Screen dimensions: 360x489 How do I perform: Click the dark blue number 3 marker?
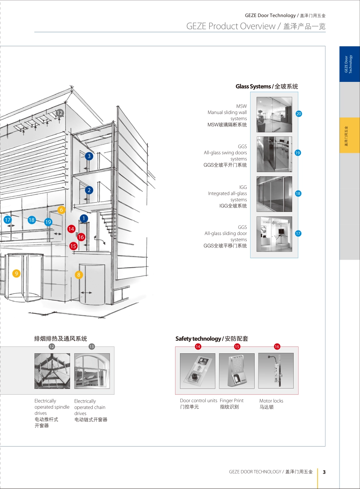(x=89, y=156)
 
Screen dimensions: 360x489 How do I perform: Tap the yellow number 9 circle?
(x=16, y=273)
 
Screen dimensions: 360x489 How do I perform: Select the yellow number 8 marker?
(x=79, y=274)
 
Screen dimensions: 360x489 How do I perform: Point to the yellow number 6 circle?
(x=61, y=210)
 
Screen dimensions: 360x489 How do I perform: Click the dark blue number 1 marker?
(x=84, y=218)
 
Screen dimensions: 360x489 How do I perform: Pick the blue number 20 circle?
(x=299, y=113)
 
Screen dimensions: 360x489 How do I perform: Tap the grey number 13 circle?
(x=92, y=346)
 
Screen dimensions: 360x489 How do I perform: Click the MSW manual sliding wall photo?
(x=274, y=114)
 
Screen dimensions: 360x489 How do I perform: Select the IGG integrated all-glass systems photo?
(x=274, y=194)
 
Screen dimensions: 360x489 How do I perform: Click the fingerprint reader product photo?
(x=237, y=371)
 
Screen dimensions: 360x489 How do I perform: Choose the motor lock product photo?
(x=276, y=371)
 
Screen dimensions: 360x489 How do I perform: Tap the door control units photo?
(x=198, y=371)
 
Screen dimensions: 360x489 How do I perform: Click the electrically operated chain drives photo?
(x=92, y=371)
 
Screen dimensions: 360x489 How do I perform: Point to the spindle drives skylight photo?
(x=52, y=371)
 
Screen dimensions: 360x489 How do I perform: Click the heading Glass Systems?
(x=253, y=86)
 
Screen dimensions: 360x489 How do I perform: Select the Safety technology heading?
(x=198, y=339)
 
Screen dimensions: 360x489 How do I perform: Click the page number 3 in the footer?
(x=324, y=472)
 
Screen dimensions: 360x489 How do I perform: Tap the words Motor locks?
(x=271, y=401)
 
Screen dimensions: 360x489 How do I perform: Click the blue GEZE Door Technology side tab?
(x=350, y=64)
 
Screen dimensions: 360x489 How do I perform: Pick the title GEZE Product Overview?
(x=231, y=26)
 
